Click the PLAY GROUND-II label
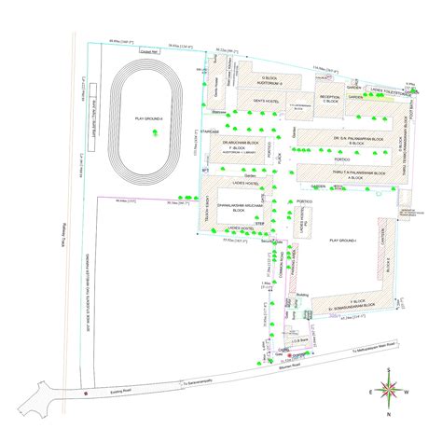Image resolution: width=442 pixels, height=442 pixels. tap(149, 119)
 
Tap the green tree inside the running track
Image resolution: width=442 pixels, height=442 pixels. tap(155, 135)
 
